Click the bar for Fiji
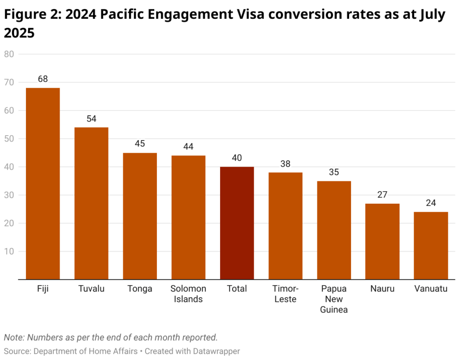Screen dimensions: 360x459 (43, 184)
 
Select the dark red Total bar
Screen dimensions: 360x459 (237, 223)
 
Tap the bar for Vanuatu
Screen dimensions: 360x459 (431, 245)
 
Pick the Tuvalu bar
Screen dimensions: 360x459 (91, 203)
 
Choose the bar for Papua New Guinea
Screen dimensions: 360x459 (334, 230)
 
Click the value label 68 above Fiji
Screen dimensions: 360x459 (43, 79)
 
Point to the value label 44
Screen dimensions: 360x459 (188, 146)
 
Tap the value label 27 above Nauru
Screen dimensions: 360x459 (382, 194)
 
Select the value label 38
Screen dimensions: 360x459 (286, 163)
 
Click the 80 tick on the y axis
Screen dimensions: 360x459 (9, 54)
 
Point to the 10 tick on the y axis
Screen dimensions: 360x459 (9, 252)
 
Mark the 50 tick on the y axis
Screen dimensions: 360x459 (9, 139)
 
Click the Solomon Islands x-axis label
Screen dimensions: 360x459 (188, 294)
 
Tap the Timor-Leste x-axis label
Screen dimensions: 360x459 (286, 294)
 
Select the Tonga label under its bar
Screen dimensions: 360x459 (140, 289)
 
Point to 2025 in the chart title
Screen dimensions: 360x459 (19, 33)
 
